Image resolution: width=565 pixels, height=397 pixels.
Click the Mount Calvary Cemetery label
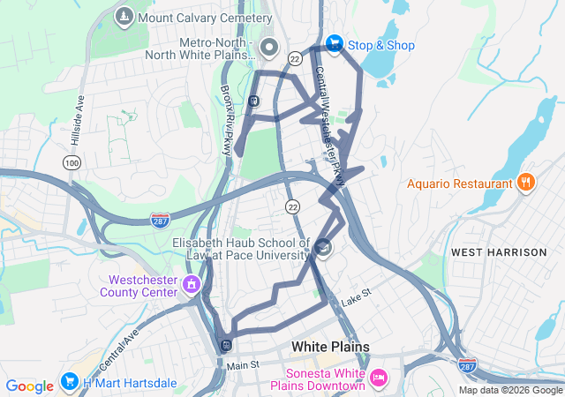tap(205, 18)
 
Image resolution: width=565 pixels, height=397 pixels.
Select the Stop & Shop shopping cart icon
tap(335, 42)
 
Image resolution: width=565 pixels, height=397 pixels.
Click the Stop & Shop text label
tap(381, 46)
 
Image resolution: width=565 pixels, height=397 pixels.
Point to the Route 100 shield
tap(72, 163)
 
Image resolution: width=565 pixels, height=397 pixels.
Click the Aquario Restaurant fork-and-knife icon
tap(526, 183)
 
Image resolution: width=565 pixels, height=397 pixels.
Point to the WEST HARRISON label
tap(499, 252)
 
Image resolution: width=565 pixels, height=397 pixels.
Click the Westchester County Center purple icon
tap(192, 285)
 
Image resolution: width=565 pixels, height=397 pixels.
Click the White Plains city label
tap(330, 347)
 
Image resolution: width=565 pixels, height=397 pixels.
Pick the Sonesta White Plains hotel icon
tap(378, 378)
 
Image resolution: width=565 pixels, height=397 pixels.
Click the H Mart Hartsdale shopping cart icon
tap(70, 382)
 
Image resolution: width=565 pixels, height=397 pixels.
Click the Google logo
tap(29, 386)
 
